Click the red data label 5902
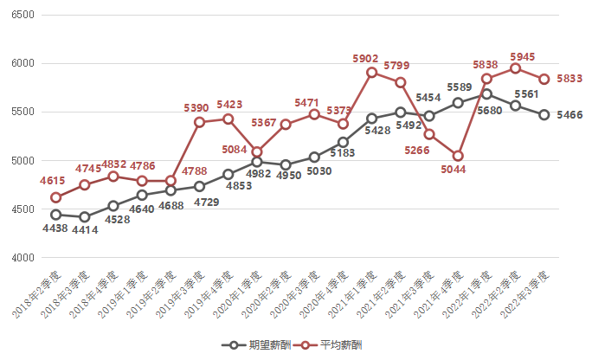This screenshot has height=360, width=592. pos(366,58)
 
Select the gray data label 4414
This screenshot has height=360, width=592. pos(84,230)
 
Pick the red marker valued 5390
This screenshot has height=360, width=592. pos(199,122)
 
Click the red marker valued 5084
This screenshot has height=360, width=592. pos(257,152)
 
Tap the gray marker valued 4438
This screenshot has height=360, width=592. pos(55,215)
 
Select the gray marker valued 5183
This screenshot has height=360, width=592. pos(343,142)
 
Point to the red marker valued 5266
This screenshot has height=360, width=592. pos(428,134)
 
